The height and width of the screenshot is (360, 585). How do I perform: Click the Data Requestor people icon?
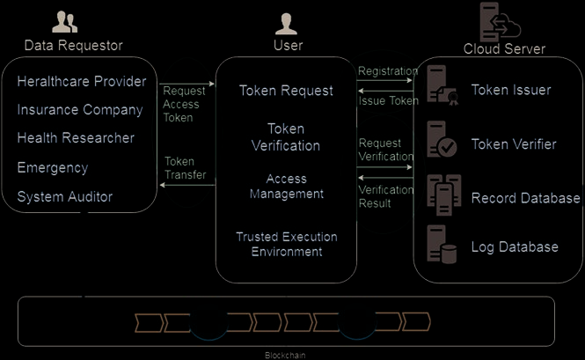pyautogui.click(x=65, y=22)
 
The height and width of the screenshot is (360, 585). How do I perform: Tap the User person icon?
pyautogui.click(x=287, y=23)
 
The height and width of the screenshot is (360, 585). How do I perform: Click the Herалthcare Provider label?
pyautogui.click(x=82, y=82)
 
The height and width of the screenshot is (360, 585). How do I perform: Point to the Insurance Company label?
pyautogui.click(x=79, y=110)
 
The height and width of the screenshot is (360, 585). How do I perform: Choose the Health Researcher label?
pyautogui.click(x=76, y=138)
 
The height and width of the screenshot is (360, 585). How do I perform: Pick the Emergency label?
pyautogui.click(x=53, y=167)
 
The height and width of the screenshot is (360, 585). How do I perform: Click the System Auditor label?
pyautogui.click(x=65, y=196)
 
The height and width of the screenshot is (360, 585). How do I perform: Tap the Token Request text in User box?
pyautogui.click(x=286, y=91)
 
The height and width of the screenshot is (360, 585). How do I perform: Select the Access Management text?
pyautogui.click(x=286, y=186)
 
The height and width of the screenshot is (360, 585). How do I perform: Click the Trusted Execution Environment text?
pyautogui.click(x=286, y=244)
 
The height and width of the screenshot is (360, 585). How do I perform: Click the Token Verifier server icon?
pyautogui.click(x=441, y=140)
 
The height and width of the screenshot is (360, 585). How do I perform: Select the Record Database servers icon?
pyautogui.click(x=441, y=195)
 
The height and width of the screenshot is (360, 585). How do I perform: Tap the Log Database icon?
pyautogui.click(x=441, y=246)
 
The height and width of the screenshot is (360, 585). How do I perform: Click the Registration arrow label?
pyautogui.click(x=388, y=70)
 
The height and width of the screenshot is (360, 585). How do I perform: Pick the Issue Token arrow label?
pyautogui.click(x=388, y=100)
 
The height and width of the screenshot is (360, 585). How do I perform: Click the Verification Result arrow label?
pyautogui.click(x=386, y=196)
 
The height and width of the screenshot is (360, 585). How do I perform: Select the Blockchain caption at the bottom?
pyautogui.click(x=286, y=355)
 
